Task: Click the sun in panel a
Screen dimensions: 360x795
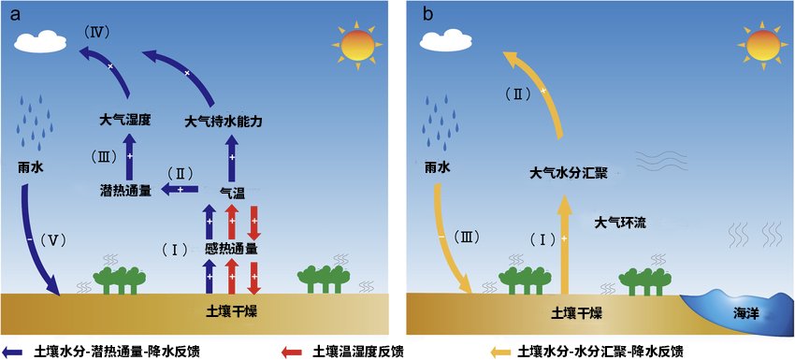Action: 356,45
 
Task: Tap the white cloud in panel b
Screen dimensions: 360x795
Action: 441,40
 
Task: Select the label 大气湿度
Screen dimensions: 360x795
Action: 126,121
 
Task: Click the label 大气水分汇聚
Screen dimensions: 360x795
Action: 570,173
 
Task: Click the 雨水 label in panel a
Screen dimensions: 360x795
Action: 31,169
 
